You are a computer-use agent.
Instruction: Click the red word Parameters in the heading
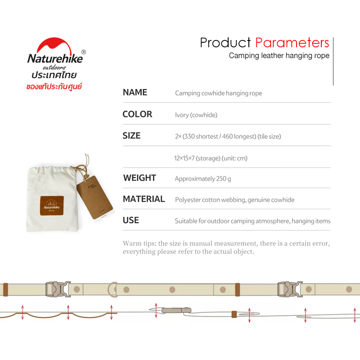(292, 43)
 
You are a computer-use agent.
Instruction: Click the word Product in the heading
(225, 43)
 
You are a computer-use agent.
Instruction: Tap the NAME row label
(135, 92)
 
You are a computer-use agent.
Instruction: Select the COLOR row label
(137, 114)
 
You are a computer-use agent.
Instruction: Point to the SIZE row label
(131, 136)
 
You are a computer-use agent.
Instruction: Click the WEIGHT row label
(139, 178)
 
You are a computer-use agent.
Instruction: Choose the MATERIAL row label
(144, 199)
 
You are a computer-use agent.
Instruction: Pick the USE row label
(130, 220)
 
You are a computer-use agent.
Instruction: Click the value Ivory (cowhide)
(196, 115)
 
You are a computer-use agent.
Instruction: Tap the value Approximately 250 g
(203, 179)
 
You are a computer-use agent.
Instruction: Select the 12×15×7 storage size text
(211, 158)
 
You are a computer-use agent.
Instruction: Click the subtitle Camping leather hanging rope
(279, 56)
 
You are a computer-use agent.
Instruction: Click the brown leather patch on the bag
(52, 206)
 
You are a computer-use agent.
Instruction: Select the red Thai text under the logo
(54, 86)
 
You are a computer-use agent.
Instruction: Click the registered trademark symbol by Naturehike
(84, 52)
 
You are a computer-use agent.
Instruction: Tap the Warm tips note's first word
(132, 243)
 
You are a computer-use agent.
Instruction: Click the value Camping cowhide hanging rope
(218, 93)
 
